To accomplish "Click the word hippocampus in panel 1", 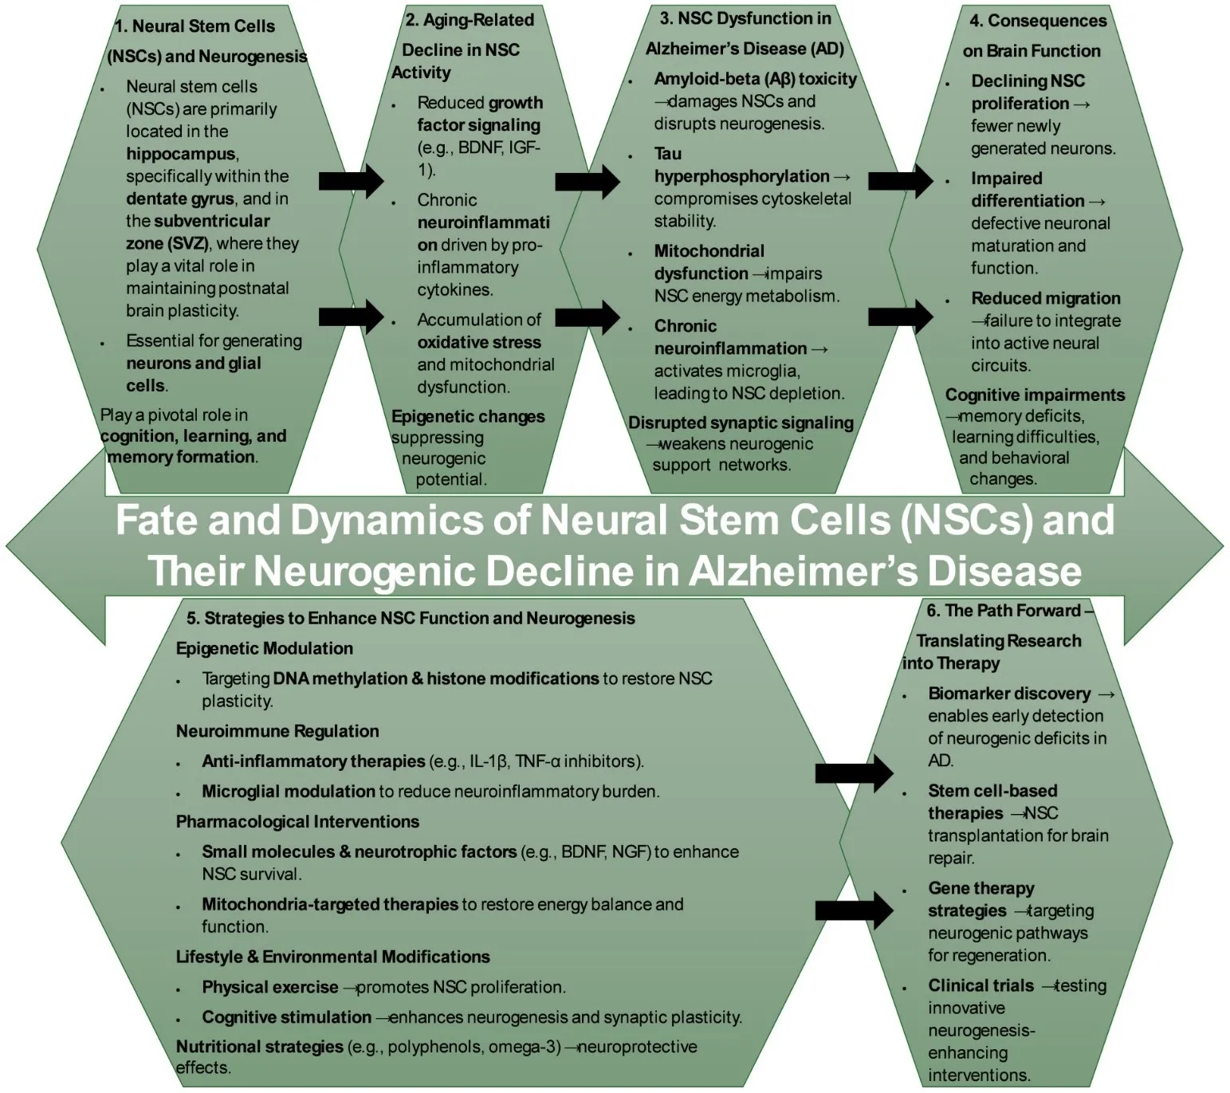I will pyautogui.click(x=180, y=154).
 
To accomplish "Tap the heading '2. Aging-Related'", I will pyautogui.click(x=470, y=20).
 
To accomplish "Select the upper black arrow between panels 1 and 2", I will pyautogui.click(x=351, y=181).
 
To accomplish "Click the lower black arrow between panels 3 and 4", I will pyautogui.click(x=900, y=316).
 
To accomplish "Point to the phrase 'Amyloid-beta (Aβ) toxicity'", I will pyautogui.click(x=755, y=79).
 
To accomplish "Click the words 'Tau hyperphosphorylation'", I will pyautogui.click(x=741, y=166).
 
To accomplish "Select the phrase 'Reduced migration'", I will pyautogui.click(x=1045, y=298).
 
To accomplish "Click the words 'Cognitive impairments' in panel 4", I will pyautogui.click(x=1035, y=395).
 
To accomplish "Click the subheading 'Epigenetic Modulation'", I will pyautogui.click(x=264, y=648).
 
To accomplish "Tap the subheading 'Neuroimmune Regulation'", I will pyautogui.click(x=277, y=731).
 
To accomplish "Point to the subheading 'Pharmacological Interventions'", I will pyautogui.click(x=297, y=821).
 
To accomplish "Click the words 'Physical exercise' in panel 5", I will pyautogui.click(x=269, y=987).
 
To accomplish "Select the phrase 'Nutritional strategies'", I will pyautogui.click(x=259, y=1046).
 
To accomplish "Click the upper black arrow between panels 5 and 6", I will pyautogui.click(x=854, y=772).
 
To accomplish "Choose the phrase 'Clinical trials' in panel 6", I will pyautogui.click(x=980, y=985).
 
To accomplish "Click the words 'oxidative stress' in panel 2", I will pyautogui.click(x=478, y=342).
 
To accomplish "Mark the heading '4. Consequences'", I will pyautogui.click(x=1038, y=21).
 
